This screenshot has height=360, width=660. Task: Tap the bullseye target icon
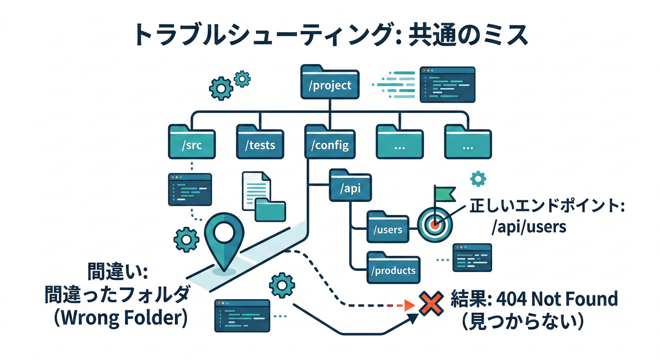coord(434,224)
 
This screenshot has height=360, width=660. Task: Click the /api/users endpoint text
coord(529,227)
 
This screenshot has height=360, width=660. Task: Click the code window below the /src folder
coord(190,189)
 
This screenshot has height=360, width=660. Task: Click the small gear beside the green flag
coord(478,179)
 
